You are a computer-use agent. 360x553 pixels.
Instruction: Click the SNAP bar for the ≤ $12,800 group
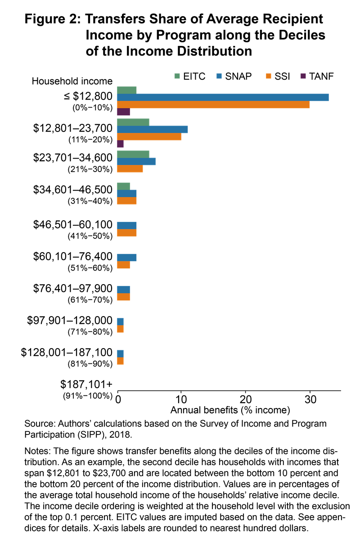[x=223, y=97]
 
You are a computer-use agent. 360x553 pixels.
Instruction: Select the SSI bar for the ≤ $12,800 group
[x=213, y=104]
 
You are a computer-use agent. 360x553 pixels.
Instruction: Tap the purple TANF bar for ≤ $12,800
[x=123, y=112]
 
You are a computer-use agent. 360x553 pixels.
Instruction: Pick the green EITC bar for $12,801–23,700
[x=133, y=122]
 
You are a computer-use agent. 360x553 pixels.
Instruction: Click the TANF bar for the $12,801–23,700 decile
[x=120, y=144]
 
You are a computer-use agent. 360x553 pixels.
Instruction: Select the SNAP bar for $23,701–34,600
[x=136, y=162]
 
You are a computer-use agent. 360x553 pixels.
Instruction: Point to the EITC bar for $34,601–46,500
[x=123, y=186]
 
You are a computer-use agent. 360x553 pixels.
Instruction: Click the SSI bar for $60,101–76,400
[x=123, y=265]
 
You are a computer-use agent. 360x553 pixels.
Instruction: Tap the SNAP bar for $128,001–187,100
[x=120, y=354]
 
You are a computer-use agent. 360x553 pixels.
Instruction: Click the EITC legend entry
[x=190, y=76]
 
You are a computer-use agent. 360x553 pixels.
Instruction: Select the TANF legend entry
[x=317, y=76]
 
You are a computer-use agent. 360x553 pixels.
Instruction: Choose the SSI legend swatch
[x=269, y=76]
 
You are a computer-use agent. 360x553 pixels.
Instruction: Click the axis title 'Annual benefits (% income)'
[x=230, y=410]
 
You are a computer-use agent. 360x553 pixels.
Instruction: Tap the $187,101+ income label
[x=86, y=385]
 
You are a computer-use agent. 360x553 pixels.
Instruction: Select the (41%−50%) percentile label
[x=90, y=236]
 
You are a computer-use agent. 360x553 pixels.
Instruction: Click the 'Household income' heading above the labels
[x=72, y=81]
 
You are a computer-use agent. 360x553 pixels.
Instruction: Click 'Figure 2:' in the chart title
[x=53, y=19]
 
